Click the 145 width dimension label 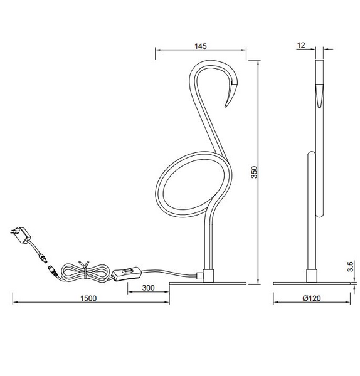201,46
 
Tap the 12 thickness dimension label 302,46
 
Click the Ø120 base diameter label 312,298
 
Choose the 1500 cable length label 89,298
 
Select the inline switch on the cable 128,273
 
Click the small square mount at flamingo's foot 202,274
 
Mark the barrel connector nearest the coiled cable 53,270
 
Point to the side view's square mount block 311,274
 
